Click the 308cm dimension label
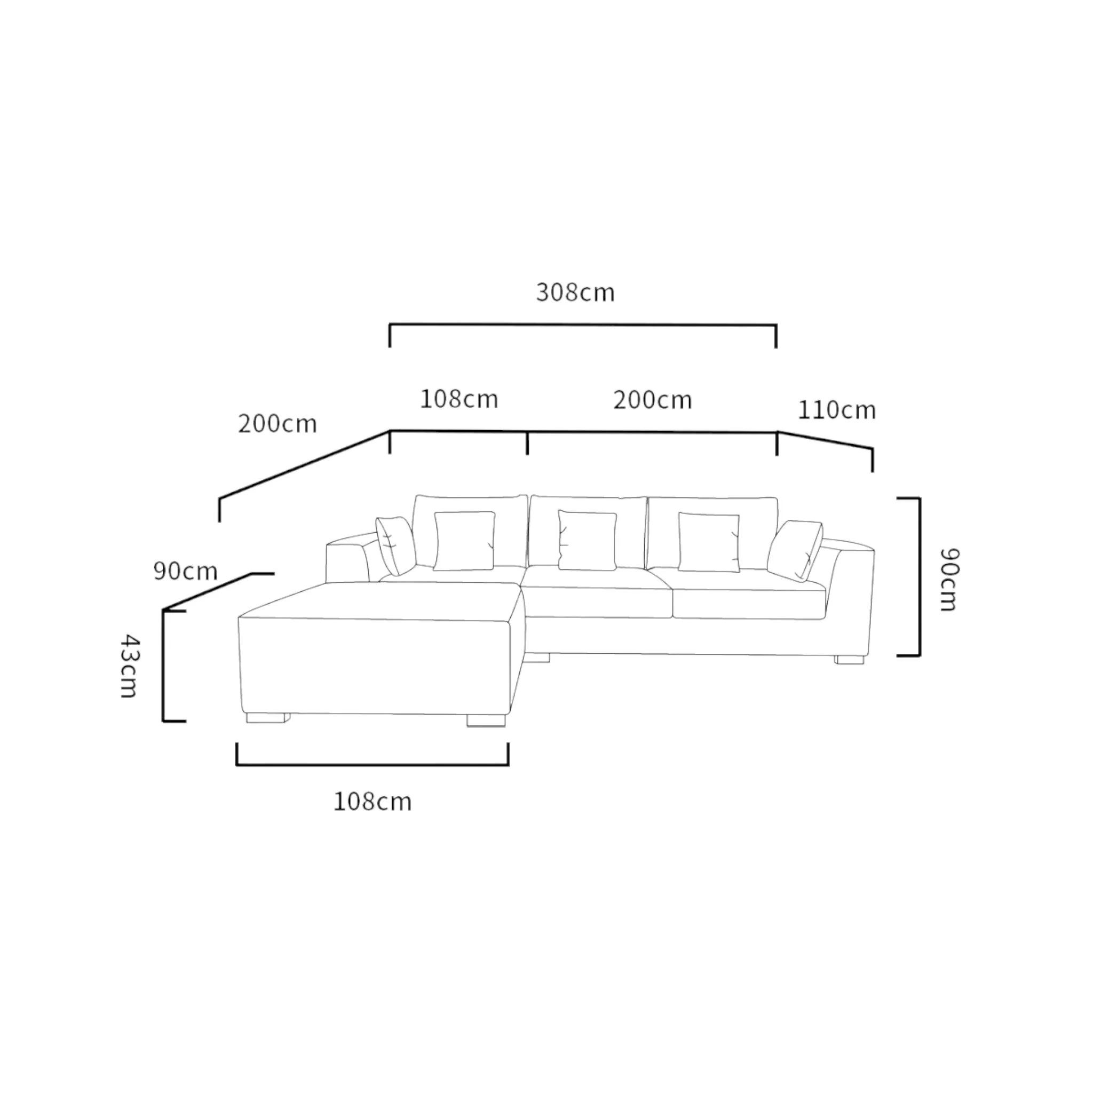tap(575, 292)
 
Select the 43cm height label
tap(130, 666)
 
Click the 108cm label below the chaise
tap(373, 802)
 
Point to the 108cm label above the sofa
tap(459, 399)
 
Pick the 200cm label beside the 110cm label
tap(653, 400)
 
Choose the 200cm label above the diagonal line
tap(277, 424)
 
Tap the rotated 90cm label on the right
tap(948, 579)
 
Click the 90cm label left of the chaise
tap(186, 571)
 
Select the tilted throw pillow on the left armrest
tap(396, 545)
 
